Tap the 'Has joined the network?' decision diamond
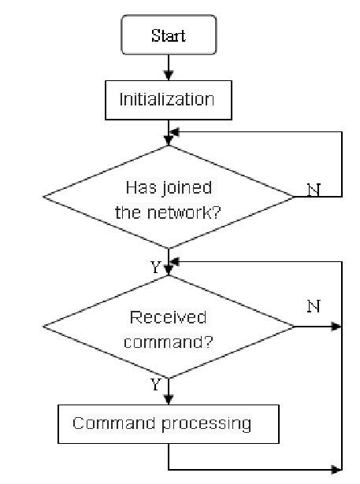point(169,197)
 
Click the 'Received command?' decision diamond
point(169,326)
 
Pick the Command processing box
point(169,423)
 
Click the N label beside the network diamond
point(312,190)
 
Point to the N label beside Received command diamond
point(313,306)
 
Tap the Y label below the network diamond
point(155,268)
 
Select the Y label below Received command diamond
point(155,384)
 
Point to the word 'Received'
point(168,317)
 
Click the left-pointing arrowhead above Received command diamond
point(176,261)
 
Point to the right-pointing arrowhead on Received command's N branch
point(339,326)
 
